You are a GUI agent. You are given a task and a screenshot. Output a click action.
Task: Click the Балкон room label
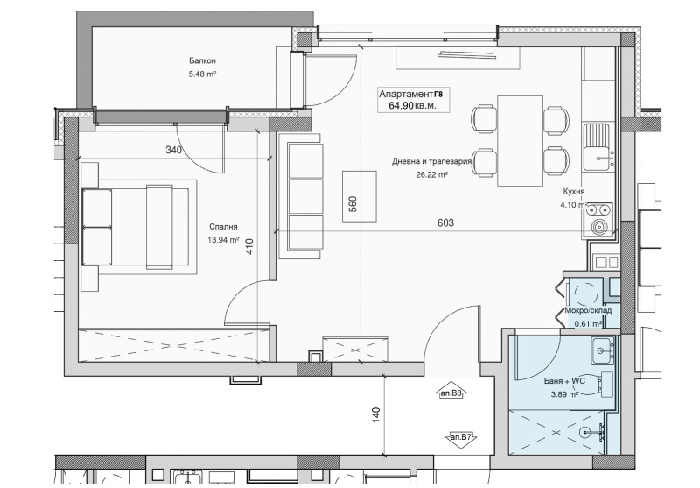click(x=202, y=60)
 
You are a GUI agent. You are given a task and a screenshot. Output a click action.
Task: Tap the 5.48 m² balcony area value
click(x=202, y=74)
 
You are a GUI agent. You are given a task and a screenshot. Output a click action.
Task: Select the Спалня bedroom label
click(x=222, y=227)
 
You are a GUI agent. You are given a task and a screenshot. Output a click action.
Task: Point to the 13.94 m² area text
click(x=223, y=240)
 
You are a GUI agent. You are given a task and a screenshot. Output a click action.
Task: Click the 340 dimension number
click(x=173, y=150)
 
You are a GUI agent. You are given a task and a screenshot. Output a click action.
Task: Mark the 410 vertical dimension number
click(x=249, y=247)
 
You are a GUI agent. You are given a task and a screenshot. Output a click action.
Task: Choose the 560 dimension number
click(x=353, y=204)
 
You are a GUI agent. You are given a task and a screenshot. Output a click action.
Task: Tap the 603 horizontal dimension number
click(x=445, y=223)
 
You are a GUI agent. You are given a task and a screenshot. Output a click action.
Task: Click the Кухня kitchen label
click(x=574, y=191)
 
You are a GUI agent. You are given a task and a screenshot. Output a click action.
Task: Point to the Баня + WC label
click(x=564, y=381)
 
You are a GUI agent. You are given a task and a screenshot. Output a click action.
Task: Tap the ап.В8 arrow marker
click(x=451, y=392)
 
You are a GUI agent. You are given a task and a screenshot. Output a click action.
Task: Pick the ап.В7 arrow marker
click(x=462, y=438)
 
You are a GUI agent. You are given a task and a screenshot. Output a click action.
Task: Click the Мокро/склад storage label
click(x=588, y=311)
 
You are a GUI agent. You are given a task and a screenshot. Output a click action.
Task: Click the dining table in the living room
click(x=520, y=140)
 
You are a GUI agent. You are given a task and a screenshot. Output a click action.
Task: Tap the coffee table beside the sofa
click(x=360, y=196)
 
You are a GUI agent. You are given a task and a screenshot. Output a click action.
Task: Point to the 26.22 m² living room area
click(x=431, y=175)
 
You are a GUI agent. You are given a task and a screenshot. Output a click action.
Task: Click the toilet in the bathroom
click(x=598, y=384)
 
